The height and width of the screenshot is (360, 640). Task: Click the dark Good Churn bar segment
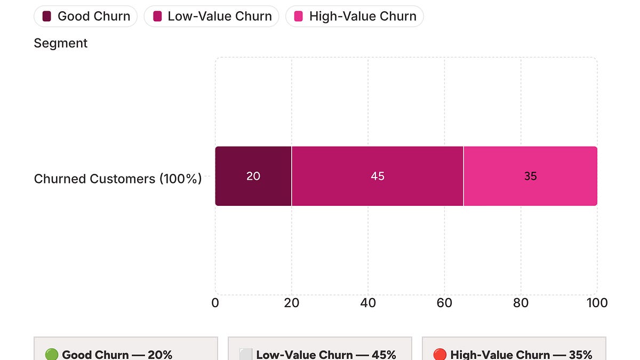click(x=235, y=189)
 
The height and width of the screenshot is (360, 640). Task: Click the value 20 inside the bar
click(x=253, y=176)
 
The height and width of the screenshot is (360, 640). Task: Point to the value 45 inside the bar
click(x=378, y=176)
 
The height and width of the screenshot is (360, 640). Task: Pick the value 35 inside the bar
click(x=530, y=176)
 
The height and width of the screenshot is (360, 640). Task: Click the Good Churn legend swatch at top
click(x=47, y=17)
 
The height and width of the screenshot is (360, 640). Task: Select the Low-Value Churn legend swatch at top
click(x=157, y=17)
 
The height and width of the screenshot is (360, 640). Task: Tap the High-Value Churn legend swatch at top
click(x=299, y=17)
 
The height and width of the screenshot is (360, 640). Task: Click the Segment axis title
click(x=60, y=43)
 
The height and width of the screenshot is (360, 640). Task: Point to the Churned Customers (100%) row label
click(x=118, y=179)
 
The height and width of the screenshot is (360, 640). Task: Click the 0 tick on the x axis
click(x=215, y=303)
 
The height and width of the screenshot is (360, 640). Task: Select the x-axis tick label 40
click(x=368, y=303)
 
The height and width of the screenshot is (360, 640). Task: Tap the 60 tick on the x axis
click(x=444, y=303)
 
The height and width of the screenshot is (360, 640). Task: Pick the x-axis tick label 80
click(x=521, y=303)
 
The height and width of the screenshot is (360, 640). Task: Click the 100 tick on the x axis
click(x=597, y=303)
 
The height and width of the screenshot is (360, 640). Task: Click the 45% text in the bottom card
click(x=384, y=355)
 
